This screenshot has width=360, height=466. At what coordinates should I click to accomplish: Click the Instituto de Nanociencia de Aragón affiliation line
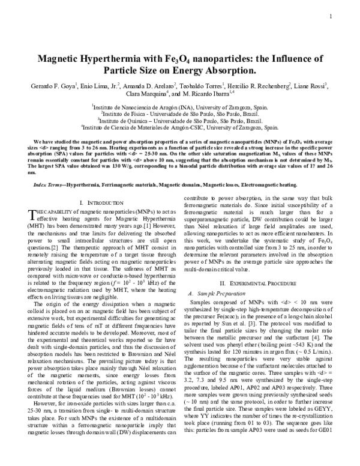(180, 105)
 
